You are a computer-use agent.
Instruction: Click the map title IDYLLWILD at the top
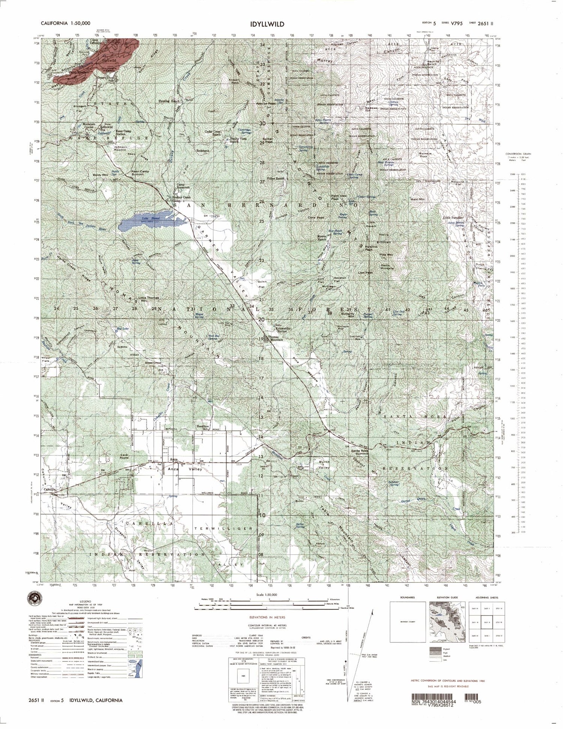267,24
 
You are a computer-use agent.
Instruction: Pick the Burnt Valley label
324,465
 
